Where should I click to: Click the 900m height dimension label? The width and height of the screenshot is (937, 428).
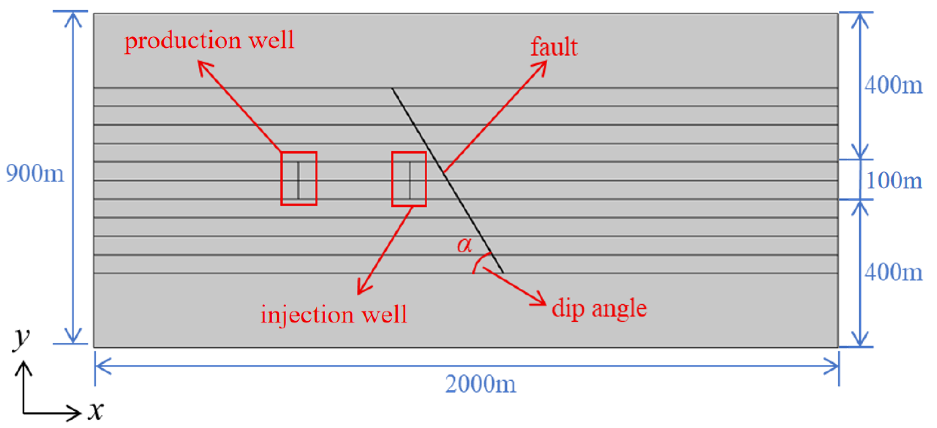[x=35, y=173]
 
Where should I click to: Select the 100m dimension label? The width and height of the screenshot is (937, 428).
[x=894, y=180]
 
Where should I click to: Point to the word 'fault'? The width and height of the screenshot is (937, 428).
[x=554, y=47]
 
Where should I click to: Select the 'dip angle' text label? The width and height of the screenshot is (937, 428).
[x=599, y=308]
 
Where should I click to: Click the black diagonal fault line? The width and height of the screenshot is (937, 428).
[x=447, y=180]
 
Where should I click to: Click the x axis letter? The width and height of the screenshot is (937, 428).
[x=96, y=411]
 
